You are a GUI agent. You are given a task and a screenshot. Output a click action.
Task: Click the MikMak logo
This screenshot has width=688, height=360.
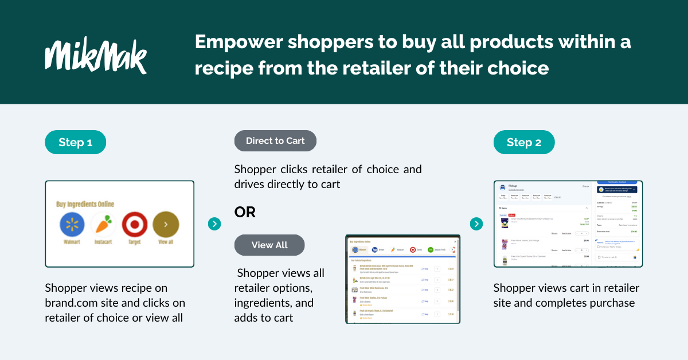pyautogui.click(x=96, y=57)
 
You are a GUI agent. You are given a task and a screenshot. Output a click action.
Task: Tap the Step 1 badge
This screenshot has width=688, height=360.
pyautogui.click(x=75, y=142)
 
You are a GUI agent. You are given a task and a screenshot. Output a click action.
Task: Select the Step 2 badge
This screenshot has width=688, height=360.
pyautogui.click(x=523, y=142)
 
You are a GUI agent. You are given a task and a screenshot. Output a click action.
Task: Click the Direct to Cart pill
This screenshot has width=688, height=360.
pyautogui.click(x=275, y=141)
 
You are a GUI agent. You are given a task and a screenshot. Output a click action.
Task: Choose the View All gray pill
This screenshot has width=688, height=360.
pyautogui.click(x=269, y=245)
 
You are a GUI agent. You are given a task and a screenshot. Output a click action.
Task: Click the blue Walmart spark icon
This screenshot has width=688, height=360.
pyautogui.click(x=72, y=225)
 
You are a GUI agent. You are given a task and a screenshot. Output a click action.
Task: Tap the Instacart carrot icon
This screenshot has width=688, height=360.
pyautogui.click(x=103, y=225)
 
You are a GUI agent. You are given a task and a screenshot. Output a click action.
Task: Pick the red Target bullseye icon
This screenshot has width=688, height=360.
pyautogui.click(x=135, y=225)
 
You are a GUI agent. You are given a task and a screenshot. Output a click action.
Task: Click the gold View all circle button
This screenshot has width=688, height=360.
pyautogui.click(x=166, y=225)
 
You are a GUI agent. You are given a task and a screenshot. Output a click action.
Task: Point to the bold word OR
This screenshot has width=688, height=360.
pyautogui.click(x=245, y=212)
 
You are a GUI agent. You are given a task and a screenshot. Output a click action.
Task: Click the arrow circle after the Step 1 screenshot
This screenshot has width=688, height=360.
pyautogui.click(x=214, y=224)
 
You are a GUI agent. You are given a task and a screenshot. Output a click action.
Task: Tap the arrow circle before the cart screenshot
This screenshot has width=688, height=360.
pyautogui.click(x=476, y=224)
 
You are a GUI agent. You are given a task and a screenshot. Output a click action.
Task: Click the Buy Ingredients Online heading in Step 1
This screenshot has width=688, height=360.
pyautogui.click(x=85, y=204)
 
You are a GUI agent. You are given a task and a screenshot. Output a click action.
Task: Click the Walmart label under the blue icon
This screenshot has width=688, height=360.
pyautogui.click(x=72, y=242)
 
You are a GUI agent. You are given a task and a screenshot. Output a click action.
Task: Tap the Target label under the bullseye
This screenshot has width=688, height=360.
pyautogui.click(x=135, y=242)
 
